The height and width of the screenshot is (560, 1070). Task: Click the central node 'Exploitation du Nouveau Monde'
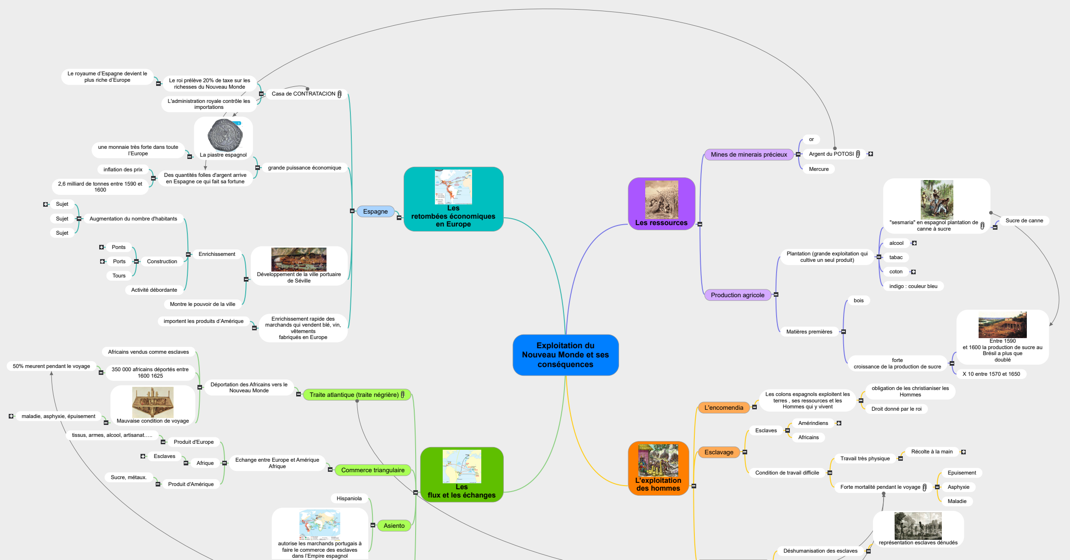tap(565, 355)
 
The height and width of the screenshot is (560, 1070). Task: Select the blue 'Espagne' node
tap(375, 212)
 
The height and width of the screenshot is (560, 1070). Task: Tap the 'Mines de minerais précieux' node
tap(749, 155)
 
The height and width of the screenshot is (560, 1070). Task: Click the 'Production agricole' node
tap(738, 295)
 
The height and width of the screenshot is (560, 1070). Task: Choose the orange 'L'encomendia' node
tap(723, 408)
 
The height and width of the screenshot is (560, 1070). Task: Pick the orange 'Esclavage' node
tap(719, 453)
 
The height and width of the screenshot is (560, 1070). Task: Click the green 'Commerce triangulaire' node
tap(372, 470)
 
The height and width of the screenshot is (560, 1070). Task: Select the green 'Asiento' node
tap(394, 526)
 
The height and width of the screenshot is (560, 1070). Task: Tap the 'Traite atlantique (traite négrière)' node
tap(354, 395)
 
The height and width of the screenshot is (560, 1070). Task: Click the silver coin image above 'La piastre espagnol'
tap(225, 135)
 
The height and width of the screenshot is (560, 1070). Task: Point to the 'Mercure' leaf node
tap(819, 170)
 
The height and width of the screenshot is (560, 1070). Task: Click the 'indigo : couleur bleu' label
tap(913, 287)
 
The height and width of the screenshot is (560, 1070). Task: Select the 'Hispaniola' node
tap(349, 499)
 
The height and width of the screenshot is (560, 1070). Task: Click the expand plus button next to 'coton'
tap(913, 272)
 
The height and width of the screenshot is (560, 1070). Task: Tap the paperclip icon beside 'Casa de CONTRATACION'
tap(339, 94)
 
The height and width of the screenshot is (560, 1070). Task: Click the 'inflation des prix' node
tap(123, 170)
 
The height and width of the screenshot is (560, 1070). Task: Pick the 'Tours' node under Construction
tap(119, 276)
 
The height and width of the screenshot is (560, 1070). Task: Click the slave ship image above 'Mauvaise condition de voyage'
tap(152, 402)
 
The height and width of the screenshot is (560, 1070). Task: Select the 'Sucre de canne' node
tap(1024, 221)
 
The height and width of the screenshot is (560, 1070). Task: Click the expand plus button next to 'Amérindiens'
tap(839, 424)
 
